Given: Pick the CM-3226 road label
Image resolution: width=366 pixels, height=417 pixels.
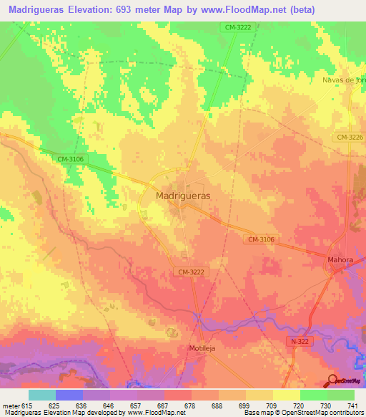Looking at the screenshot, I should pos(348,137).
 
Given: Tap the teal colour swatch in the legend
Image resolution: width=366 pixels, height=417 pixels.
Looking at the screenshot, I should pos(41,395).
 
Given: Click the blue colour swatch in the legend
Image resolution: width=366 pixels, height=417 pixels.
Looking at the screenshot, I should pos(69,395).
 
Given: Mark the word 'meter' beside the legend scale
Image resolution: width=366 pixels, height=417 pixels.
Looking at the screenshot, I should pos(11,405).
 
